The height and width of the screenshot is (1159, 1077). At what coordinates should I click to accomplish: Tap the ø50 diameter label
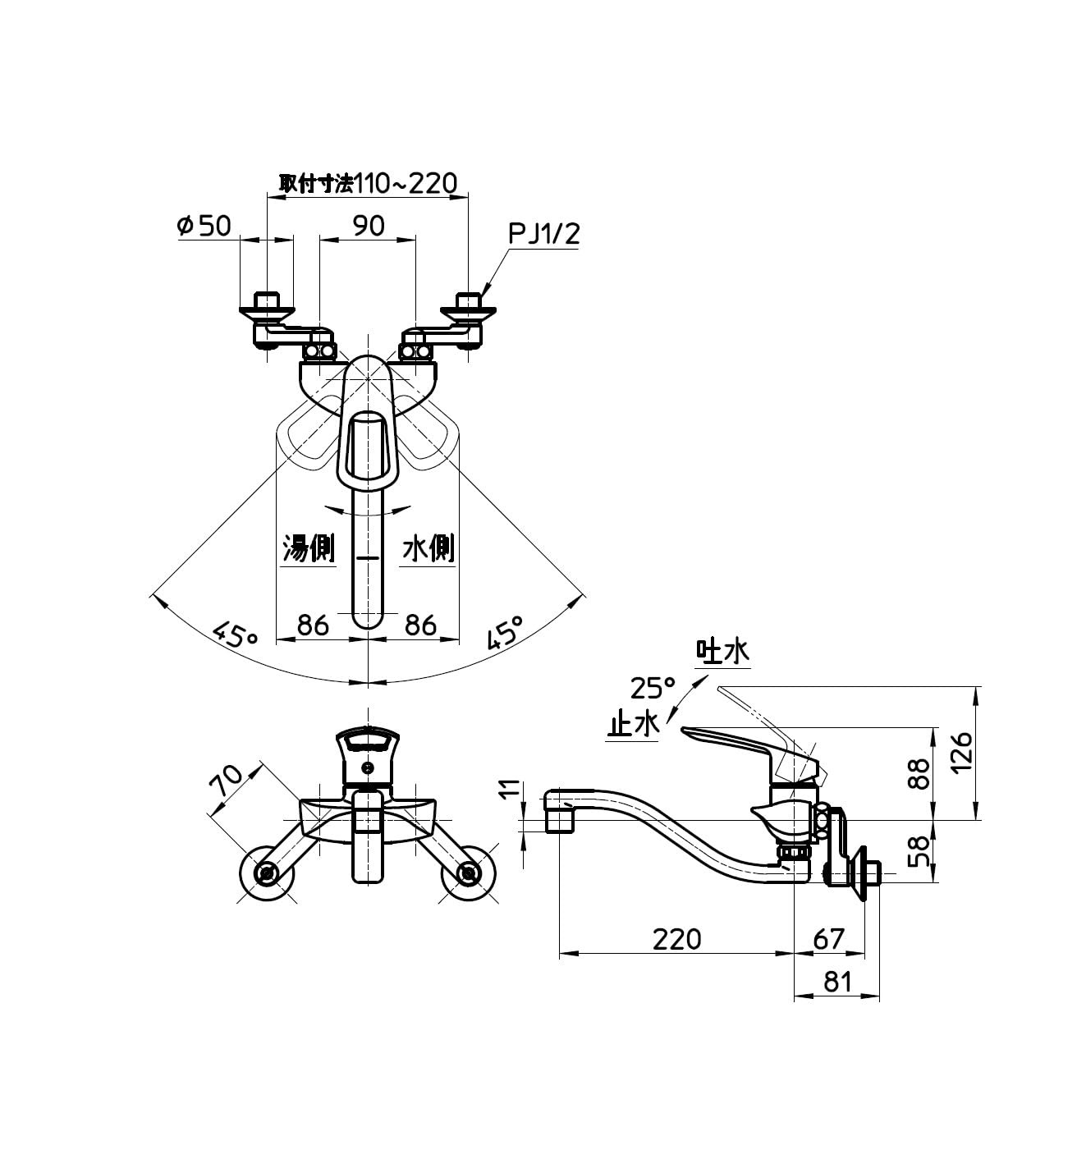pos(204,225)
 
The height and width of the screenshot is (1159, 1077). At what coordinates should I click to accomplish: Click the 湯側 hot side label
pos(308,547)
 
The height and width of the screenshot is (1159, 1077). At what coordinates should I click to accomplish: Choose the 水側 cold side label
pos(428,547)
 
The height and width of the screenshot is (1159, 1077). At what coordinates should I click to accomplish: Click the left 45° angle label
pos(236,634)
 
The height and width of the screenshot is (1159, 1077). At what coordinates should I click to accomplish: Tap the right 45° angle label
pos(504,633)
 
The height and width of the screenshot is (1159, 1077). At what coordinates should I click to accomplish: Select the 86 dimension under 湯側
pos(313,625)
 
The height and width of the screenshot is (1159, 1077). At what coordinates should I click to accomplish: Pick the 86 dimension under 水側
pos(420,625)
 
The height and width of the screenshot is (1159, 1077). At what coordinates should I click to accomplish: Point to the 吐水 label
pos(722,652)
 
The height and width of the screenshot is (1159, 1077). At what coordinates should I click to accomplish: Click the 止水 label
pos(633,725)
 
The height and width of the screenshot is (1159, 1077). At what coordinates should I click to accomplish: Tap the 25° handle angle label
pos(653,686)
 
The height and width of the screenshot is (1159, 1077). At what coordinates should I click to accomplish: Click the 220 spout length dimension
pos(677,938)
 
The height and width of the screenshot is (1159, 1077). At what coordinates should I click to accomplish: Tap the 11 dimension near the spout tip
pos(510,789)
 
